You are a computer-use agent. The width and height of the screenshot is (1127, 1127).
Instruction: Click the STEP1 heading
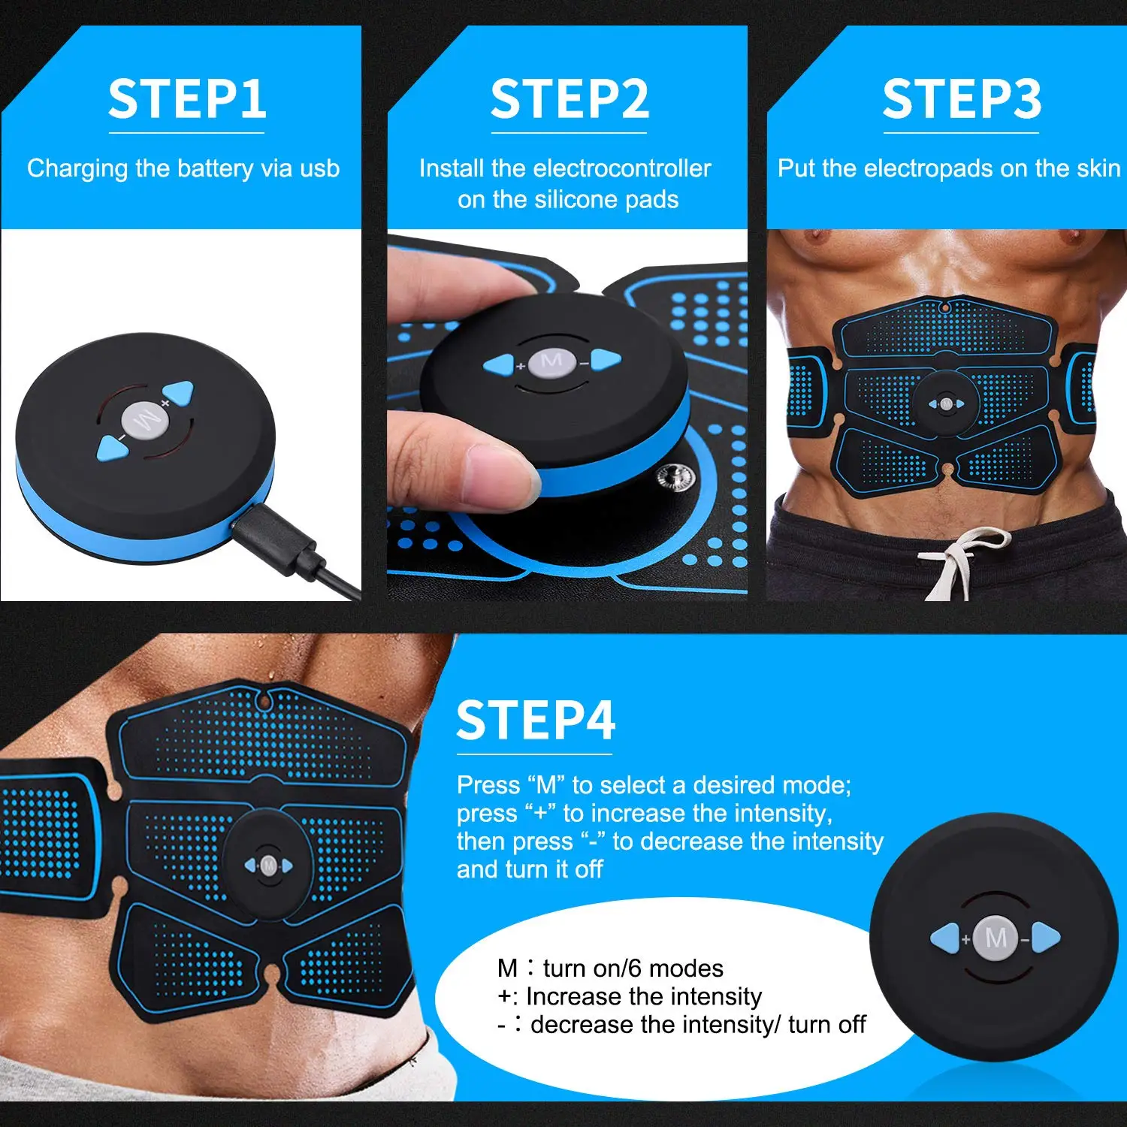point(187,99)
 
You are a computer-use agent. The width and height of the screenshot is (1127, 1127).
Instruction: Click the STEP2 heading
point(570,99)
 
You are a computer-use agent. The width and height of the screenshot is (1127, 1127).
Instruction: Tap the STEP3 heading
point(962,99)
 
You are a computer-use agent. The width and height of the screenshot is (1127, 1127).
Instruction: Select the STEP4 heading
point(536,721)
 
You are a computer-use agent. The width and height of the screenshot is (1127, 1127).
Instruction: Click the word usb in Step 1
point(319,168)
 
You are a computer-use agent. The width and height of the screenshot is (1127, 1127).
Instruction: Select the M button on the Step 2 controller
point(551,362)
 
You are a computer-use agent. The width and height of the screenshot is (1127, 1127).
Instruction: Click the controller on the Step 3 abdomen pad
point(946,404)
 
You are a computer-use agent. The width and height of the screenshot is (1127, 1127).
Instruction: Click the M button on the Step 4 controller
point(996,938)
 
